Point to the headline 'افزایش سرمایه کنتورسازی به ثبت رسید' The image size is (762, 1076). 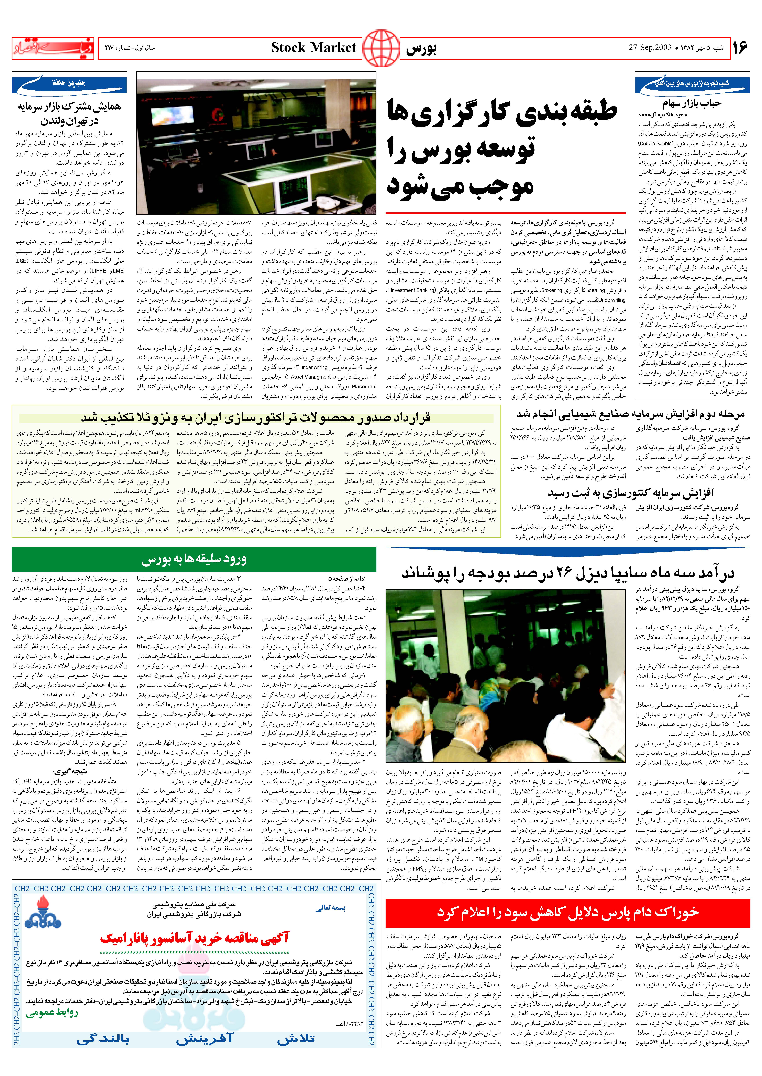pos(630,493)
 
